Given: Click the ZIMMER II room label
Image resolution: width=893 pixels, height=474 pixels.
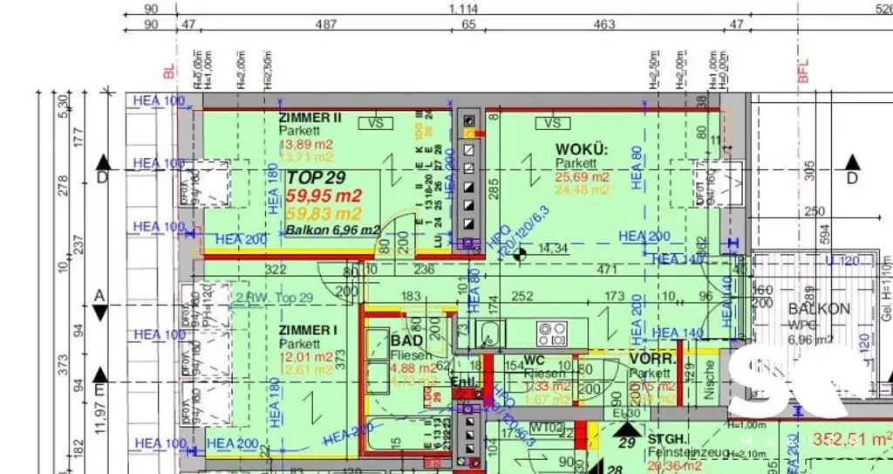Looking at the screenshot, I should [310, 117].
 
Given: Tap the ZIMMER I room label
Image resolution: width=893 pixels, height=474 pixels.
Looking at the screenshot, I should [308, 330].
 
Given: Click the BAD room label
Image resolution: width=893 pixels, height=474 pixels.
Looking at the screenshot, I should [407, 340].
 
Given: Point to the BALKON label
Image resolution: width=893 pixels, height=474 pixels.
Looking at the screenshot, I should [819, 309].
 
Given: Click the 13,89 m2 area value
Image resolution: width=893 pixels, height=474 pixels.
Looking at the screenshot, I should [305, 144].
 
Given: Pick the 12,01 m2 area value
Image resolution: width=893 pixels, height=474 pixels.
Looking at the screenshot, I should [305, 357].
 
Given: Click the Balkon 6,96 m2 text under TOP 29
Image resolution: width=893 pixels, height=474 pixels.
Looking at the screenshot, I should [332, 230].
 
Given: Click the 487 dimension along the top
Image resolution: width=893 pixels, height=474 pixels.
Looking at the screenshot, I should [324, 24].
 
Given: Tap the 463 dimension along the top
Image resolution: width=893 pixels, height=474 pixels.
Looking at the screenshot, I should [603, 24].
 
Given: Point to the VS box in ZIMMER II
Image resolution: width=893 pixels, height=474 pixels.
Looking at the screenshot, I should [376, 124].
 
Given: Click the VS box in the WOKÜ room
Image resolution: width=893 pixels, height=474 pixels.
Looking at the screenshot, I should [551, 124].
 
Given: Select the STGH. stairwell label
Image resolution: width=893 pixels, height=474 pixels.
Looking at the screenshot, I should [669, 438].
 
